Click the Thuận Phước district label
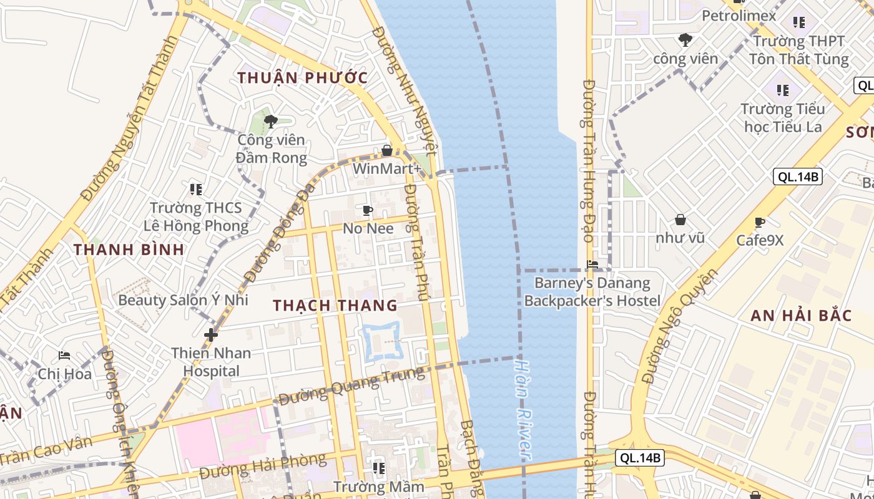(303, 78)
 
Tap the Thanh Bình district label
(129, 249)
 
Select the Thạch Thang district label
(335, 305)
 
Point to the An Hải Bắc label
(801, 316)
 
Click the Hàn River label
(524, 409)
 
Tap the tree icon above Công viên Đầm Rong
(271, 121)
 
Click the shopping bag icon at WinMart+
(387, 150)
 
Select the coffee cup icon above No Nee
(368, 211)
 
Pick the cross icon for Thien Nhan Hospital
(211, 335)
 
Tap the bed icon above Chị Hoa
(64, 356)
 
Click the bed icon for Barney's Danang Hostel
(592, 265)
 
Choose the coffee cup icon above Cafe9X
(759, 222)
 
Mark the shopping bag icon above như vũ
(680, 220)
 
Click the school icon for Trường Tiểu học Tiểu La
(782, 90)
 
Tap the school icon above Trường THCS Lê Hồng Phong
(196, 189)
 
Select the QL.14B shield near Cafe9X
(797, 177)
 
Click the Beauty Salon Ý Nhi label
(184, 300)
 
